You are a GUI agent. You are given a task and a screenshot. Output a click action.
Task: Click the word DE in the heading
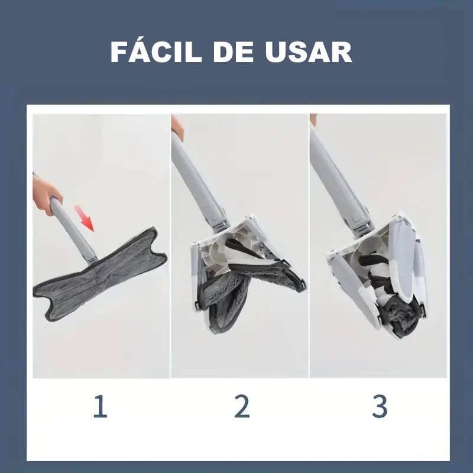point(234,52)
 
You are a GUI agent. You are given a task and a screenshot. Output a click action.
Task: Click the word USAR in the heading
point(309,52)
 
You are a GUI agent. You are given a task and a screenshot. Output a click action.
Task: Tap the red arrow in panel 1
point(84,218)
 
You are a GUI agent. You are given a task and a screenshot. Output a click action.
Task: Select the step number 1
point(101,406)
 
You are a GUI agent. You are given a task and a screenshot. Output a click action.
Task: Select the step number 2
point(242,406)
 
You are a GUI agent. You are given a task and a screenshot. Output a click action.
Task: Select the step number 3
point(380,406)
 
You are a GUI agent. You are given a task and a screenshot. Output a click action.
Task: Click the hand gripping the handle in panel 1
point(46,194)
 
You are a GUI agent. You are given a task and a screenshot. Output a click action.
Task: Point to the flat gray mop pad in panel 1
point(99,274)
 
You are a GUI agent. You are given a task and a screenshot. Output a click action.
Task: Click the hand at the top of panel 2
point(177,127)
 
